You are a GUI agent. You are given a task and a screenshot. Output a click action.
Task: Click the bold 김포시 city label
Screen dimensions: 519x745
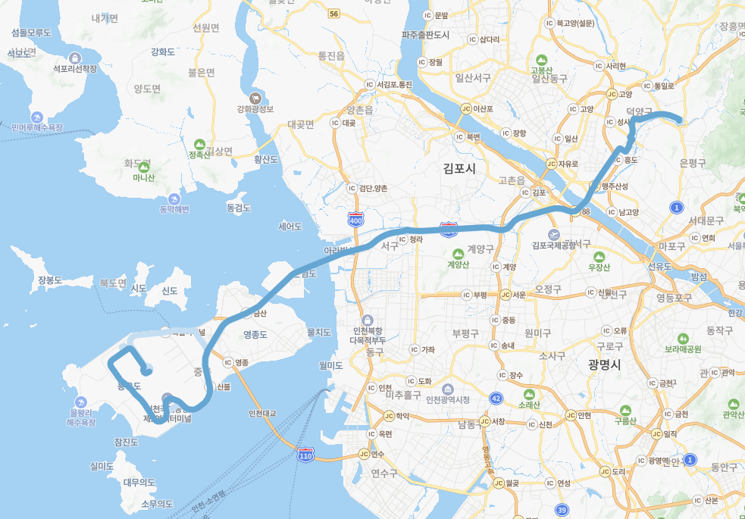[x=460, y=168]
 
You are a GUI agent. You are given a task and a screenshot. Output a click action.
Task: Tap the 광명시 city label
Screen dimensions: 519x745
[x=604, y=364]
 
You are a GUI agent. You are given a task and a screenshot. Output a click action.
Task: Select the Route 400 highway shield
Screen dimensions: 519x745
[x=355, y=220]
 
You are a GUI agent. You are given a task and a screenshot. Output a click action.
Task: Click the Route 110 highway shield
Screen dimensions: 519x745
[x=305, y=455]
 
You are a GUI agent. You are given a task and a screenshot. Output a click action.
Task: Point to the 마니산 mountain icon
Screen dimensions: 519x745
[x=143, y=167]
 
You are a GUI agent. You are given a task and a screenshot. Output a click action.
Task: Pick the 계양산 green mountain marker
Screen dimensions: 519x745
[x=457, y=254]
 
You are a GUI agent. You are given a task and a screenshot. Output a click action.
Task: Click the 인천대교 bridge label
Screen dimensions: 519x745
[x=262, y=414]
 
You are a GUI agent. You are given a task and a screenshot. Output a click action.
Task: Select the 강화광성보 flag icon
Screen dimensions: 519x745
[x=255, y=98]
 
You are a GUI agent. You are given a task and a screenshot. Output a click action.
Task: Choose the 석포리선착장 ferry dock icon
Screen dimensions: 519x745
[x=75, y=58]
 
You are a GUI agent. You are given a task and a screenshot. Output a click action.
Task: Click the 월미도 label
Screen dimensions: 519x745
[x=332, y=365]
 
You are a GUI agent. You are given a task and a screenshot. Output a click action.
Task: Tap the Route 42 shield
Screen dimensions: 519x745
[x=496, y=398]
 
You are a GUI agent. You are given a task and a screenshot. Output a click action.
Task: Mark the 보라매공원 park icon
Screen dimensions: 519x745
[x=683, y=338]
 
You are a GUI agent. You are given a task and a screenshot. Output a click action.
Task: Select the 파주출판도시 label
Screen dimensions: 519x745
[x=425, y=35]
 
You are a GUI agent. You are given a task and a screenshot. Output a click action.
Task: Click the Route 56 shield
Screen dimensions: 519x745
[x=334, y=14]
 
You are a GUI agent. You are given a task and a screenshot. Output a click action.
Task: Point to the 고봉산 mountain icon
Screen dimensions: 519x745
[x=541, y=60]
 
